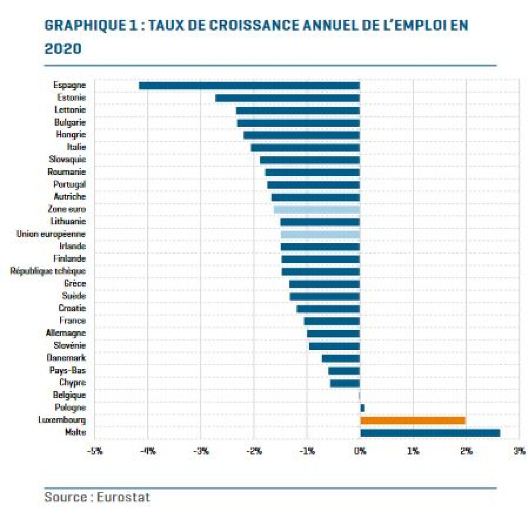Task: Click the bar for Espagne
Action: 249,85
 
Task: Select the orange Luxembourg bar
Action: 413,420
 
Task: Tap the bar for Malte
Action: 430,433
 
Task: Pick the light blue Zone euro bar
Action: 317,210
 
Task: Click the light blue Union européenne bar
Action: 320,235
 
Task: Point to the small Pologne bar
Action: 362,408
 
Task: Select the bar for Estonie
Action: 287,98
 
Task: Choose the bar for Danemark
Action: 341,358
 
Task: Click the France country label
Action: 72,320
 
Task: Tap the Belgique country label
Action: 69,395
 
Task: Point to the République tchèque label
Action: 48,271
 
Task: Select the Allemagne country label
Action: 66,333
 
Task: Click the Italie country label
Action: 76,147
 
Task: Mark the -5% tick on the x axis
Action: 95,451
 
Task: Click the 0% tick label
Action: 360,451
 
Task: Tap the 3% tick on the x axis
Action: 519,451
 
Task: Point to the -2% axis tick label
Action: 254,451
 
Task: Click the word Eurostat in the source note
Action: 123,497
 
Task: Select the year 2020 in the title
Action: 63,49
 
